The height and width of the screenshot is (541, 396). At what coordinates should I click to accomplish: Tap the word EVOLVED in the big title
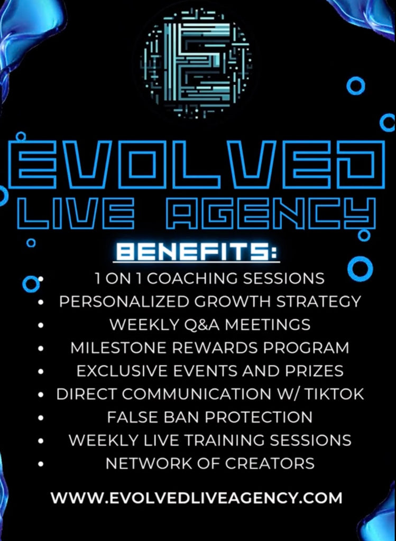pos(197,165)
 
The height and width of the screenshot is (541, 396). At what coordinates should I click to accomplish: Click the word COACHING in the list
pos(193,278)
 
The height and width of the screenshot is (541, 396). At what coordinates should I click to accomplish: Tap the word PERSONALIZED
pos(124,302)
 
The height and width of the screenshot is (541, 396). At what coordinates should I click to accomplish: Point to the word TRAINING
pos(223,440)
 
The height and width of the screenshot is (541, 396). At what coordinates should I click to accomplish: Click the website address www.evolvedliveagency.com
pos(197,498)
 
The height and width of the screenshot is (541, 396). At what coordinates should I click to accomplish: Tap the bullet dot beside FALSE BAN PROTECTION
pos(41,418)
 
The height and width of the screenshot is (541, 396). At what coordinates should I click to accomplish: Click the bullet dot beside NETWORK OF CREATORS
pos(41,464)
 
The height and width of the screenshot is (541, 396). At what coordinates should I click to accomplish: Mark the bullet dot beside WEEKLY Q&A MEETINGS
pos(41,325)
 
